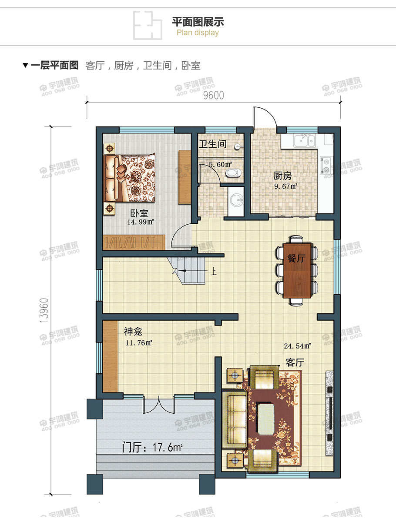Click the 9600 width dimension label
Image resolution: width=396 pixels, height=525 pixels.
point(213,96)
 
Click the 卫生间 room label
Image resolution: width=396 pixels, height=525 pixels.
point(212,144)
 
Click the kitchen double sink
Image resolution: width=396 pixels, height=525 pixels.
point(305,140)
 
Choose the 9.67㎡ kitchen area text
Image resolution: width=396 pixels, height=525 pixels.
point(285,186)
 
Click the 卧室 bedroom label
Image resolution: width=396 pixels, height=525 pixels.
point(140,213)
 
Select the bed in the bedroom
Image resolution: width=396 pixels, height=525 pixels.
point(129,178)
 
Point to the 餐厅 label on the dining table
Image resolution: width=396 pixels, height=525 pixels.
point(296,258)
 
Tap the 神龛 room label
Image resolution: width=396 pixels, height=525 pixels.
point(133,332)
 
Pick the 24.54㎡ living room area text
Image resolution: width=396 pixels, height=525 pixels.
point(297,346)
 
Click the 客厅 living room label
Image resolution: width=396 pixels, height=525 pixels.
point(295,362)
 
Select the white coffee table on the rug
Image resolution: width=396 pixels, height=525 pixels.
point(270,419)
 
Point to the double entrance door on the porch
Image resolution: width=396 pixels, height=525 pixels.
point(159,405)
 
